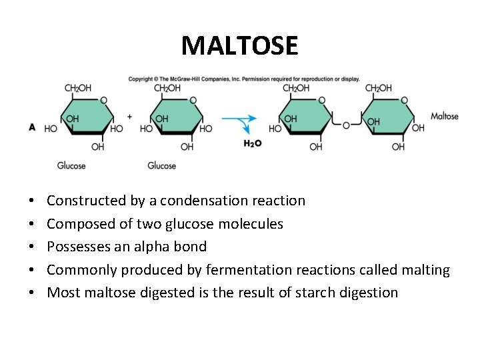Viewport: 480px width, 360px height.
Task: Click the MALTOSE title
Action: pyautogui.click(x=240, y=45)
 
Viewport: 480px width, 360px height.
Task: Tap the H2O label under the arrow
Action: pyautogui.click(x=253, y=143)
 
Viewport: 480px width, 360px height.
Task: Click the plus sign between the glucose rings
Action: pyautogui.click(x=130, y=117)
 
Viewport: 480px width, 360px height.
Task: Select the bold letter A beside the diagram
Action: pyautogui.click(x=32, y=127)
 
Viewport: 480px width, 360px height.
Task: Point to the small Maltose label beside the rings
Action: pyautogui.click(x=445, y=116)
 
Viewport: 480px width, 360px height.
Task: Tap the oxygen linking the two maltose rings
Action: pyautogui.click(x=346, y=125)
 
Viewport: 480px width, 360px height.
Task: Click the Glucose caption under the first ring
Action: pyautogui.click(x=71, y=165)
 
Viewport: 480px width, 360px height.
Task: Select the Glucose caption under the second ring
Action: pyautogui.click(x=161, y=165)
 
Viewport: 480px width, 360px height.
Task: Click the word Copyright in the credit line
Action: pyautogui.click(x=140, y=79)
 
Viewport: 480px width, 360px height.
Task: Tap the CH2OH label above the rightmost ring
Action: pyautogui.click(x=379, y=88)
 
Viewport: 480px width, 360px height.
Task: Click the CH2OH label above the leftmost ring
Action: pyautogui.click(x=78, y=88)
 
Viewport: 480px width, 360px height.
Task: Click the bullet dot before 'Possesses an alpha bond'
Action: pyautogui.click(x=31, y=247)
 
